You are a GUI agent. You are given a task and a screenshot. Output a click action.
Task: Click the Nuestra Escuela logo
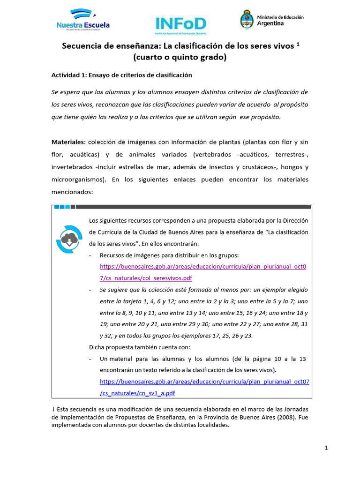click(82, 22)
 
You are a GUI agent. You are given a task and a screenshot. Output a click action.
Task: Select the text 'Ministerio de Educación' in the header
click(280, 17)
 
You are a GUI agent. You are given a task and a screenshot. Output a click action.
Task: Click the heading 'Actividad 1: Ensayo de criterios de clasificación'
click(121, 75)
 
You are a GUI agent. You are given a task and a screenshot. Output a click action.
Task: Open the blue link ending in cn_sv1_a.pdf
click(205, 388)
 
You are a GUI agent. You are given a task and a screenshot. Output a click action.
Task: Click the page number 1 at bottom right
click(326, 448)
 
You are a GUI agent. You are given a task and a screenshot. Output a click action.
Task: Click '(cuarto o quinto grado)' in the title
click(180, 58)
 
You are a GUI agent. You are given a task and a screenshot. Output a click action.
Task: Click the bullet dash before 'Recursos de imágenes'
click(90, 255)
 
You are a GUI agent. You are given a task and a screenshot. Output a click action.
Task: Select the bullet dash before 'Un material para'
click(90, 359)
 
